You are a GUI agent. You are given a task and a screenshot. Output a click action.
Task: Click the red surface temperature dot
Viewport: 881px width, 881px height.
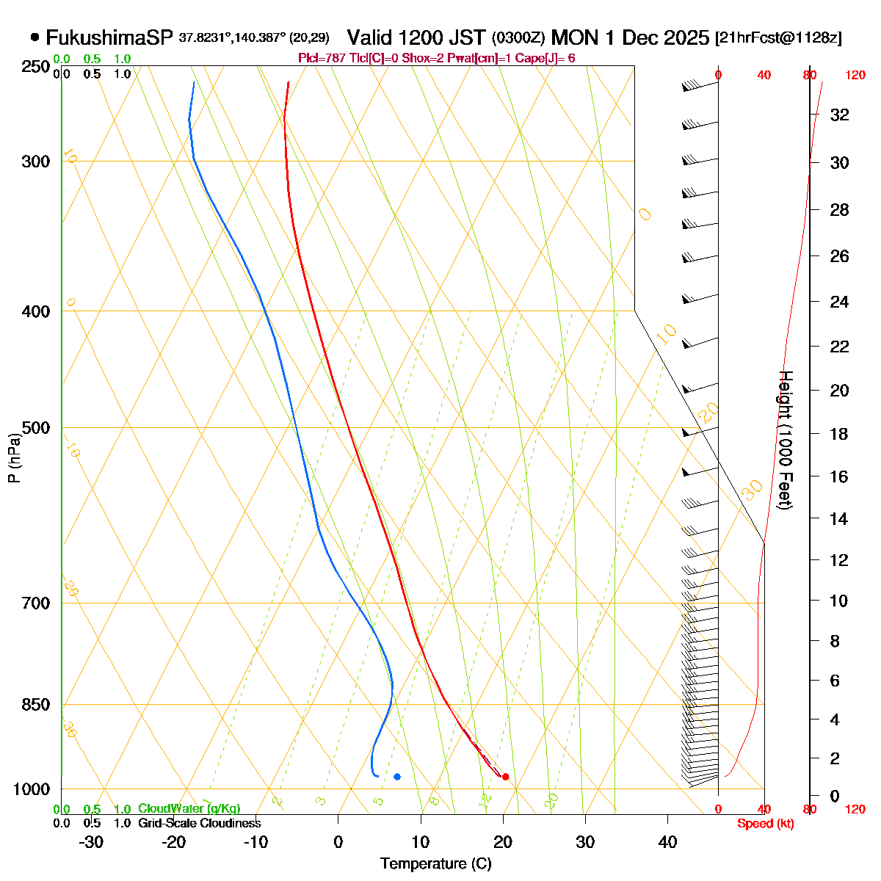click(505, 777)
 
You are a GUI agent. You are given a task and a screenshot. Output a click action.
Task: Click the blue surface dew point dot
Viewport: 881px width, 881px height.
click(397, 777)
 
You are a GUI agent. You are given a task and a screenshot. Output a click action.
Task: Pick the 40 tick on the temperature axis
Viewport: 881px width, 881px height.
click(667, 842)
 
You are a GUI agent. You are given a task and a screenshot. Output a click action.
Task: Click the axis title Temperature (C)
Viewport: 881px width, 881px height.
click(436, 863)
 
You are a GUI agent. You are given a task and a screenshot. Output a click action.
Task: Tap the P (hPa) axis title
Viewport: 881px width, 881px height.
click(14, 458)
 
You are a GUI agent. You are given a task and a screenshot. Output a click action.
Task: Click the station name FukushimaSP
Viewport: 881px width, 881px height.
click(109, 37)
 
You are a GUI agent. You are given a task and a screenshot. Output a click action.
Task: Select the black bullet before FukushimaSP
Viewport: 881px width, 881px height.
click(35, 37)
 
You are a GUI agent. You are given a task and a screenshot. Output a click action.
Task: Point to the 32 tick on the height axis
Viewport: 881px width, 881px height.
click(839, 115)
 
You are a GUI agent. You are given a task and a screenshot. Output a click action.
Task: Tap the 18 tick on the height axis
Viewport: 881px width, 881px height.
click(839, 434)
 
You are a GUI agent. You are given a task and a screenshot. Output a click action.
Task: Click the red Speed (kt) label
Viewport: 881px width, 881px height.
click(766, 824)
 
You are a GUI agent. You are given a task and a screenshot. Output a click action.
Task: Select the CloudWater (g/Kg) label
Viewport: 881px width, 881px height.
click(189, 808)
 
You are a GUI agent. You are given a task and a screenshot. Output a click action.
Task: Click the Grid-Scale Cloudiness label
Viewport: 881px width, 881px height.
click(199, 823)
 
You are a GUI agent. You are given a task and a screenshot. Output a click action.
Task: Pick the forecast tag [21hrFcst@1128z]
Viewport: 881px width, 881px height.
click(778, 38)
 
